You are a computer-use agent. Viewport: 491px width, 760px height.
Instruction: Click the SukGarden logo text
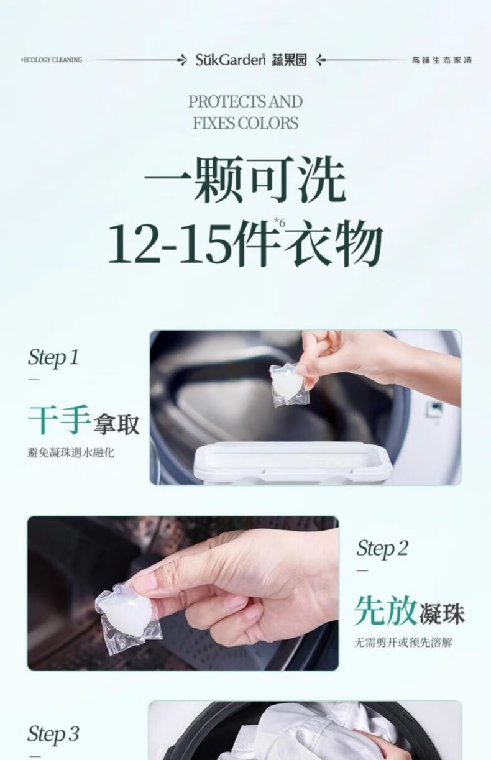pyautogui.click(x=230, y=60)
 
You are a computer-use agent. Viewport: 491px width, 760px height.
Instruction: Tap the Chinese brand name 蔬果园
pyautogui.click(x=289, y=60)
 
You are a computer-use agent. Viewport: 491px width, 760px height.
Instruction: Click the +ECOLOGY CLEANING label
pyautogui.click(x=51, y=60)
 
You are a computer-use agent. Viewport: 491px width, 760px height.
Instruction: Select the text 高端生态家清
pyautogui.click(x=442, y=60)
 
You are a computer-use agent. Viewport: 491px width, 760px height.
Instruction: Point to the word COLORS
pyautogui.click(x=267, y=123)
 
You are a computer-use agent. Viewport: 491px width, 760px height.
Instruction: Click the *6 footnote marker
pyautogui.click(x=280, y=223)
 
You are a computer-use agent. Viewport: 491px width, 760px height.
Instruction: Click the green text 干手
pyautogui.click(x=58, y=419)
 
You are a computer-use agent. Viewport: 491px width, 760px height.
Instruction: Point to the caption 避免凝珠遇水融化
pyautogui.click(x=71, y=453)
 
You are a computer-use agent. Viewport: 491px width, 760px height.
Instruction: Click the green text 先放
pyautogui.click(x=385, y=610)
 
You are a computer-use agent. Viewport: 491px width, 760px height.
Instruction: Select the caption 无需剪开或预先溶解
pyautogui.click(x=403, y=643)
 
